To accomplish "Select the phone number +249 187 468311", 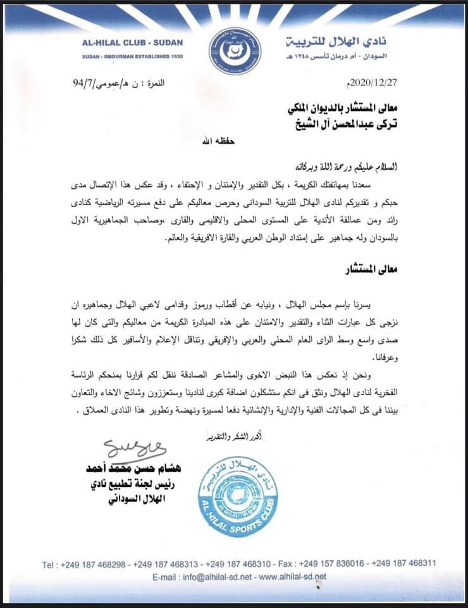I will click(x=409, y=564).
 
